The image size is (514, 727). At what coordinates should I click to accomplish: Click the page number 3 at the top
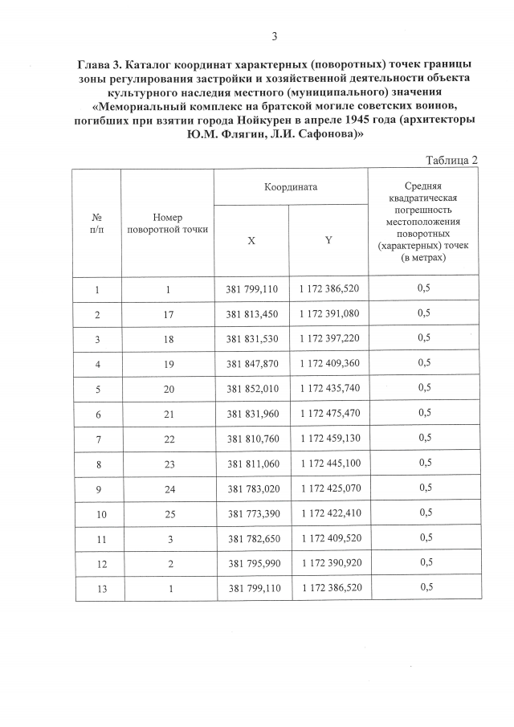click(x=275, y=36)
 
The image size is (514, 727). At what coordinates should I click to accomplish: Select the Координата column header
click(x=291, y=186)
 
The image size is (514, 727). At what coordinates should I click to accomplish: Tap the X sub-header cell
click(x=251, y=240)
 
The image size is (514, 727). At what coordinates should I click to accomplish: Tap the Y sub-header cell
click(x=328, y=240)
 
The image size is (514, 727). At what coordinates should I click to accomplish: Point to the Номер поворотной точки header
click(x=168, y=223)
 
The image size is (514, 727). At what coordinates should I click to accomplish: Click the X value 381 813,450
click(x=252, y=313)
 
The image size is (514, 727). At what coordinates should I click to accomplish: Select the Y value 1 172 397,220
click(x=329, y=338)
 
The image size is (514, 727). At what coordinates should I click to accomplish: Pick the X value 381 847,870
click(x=252, y=363)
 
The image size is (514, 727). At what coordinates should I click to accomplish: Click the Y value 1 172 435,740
click(x=329, y=388)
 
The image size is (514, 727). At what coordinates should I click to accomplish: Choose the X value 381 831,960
click(x=252, y=413)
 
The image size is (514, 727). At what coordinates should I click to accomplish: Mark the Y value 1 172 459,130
click(x=329, y=438)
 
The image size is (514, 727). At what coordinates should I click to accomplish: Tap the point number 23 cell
click(x=168, y=463)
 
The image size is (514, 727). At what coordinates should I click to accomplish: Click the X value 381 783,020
click(x=252, y=488)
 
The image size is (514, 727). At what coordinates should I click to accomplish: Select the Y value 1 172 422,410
click(x=329, y=513)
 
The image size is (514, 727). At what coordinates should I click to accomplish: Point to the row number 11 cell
click(x=97, y=537)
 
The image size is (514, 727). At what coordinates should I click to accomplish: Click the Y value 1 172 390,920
click(x=329, y=562)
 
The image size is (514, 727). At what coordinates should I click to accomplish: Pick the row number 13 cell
click(x=97, y=587)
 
